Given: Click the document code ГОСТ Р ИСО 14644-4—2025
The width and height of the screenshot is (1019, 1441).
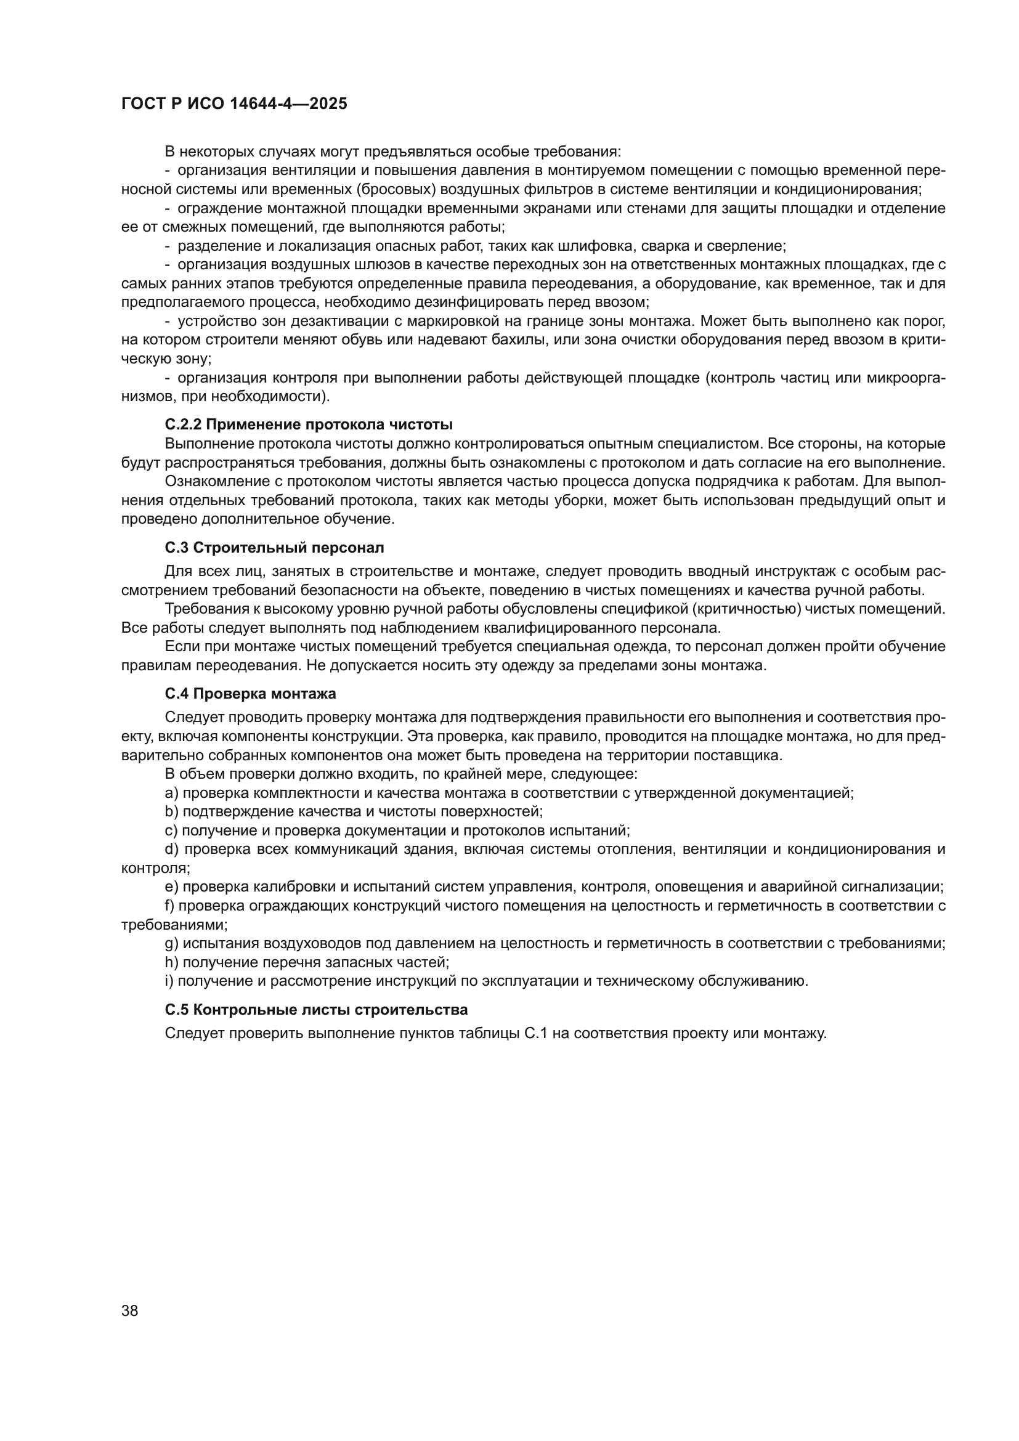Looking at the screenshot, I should point(234,104).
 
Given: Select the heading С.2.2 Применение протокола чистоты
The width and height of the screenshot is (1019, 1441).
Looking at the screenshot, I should point(309,425).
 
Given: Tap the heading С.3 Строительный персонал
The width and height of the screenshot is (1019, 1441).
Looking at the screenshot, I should point(274,548).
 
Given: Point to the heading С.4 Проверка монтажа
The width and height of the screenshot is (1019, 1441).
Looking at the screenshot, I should point(250,694).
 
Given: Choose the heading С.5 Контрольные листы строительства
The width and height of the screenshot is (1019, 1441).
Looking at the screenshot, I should point(316,1010).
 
